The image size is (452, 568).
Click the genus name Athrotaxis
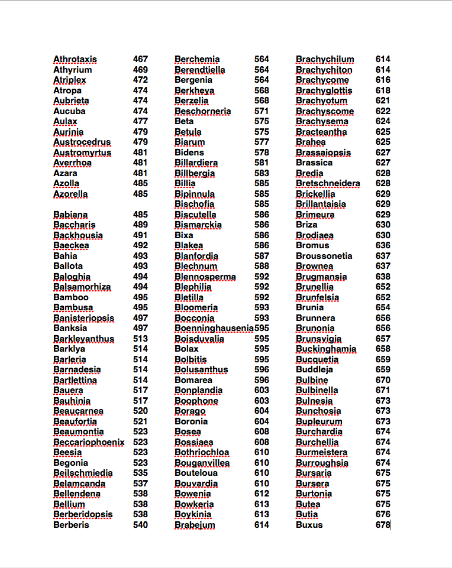click(x=75, y=59)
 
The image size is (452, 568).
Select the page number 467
click(x=140, y=59)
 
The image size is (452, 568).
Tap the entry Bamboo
click(x=71, y=297)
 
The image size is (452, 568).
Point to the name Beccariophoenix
click(x=89, y=442)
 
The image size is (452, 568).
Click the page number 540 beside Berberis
click(x=140, y=525)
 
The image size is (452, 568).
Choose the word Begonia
click(x=70, y=463)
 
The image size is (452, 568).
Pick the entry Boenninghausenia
click(x=214, y=328)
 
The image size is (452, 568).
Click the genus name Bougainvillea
click(x=202, y=463)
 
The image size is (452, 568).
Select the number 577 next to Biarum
click(x=261, y=142)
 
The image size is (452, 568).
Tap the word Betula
click(x=188, y=132)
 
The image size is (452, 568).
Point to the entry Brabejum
click(x=195, y=525)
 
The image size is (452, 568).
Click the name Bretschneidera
click(x=328, y=183)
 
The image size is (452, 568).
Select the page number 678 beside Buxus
click(x=383, y=525)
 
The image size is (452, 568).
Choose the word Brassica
click(x=314, y=163)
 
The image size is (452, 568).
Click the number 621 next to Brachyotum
click(x=383, y=100)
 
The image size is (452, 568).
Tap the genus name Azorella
click(x=70, y=194)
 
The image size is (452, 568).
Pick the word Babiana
click(x=70, y=215)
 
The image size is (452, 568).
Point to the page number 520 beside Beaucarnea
click(x=140, y=411)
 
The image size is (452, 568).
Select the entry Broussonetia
click(x=324, y=256)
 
